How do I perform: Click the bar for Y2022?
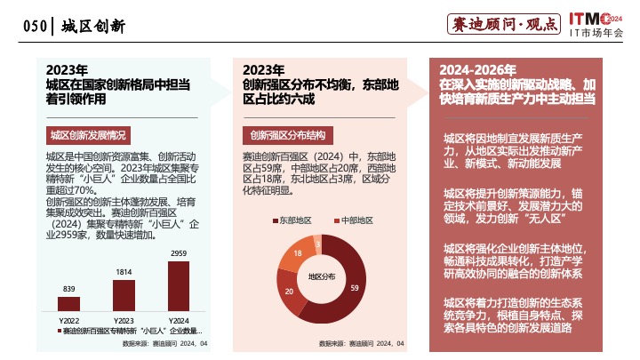(x=68, y=305)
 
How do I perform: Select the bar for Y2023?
(x=124, y=296)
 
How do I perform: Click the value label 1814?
(x=124, y=271)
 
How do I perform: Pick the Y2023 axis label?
(x=124, y=320)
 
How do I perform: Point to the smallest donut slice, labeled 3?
(x=317, y=241)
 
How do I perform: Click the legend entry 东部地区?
(x=292, y=219)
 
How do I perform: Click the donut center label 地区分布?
(x=321, y=276)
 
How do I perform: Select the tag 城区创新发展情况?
(x=87, y=136)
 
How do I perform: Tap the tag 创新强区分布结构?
(x=287, y=136)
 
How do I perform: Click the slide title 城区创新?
(x=93, y=27)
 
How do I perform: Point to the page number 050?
(x=35, y=27)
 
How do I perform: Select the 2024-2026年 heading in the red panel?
(x=477, y=69)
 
